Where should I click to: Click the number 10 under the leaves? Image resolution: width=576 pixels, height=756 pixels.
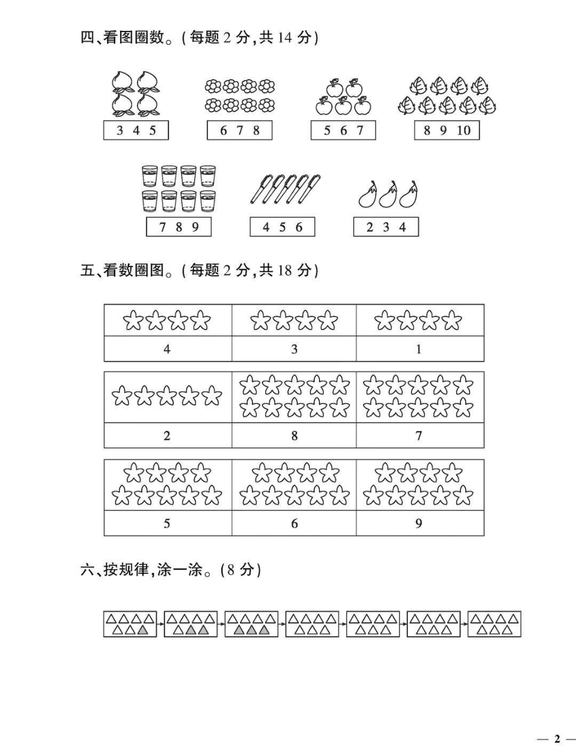pyautogui.click(x=463, y=130)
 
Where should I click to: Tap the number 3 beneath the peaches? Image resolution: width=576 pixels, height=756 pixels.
pyautogui.click(x=119, y=130)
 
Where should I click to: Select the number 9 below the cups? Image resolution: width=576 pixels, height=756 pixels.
pyautogui.click(x=195, y=227)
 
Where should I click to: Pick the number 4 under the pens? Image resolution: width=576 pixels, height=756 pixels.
pyautogui.click(x=266, y=227)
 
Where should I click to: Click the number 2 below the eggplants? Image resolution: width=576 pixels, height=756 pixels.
pyautogui.click(x=370, y=227)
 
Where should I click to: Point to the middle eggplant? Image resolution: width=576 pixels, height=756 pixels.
pyautogui.click(x=388, y=194)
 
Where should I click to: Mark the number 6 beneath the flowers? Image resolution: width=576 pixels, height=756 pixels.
pyautogui.click(x=223, y=130)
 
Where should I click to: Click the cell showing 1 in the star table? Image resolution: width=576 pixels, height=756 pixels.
pyautogui.click(x=419, y=349)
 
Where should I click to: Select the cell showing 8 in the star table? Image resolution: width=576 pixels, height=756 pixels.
pyautogui.click(x=294, y=436)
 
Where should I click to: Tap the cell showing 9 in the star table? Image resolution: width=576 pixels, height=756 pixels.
pyautogui.click(x=419, y=523)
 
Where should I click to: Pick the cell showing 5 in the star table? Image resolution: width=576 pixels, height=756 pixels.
pyautogui.click(x=167, y=523)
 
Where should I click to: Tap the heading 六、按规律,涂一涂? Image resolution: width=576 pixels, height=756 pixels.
pyautogui.click(x=149, y=570)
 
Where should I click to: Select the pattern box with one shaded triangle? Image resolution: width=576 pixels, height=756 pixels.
pyautogui.click(x=130, y=624)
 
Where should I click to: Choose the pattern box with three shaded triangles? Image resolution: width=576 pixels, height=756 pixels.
pyautogui.click(x=251, y=624)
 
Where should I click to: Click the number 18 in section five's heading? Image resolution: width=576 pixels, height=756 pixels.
pyautogui.click(x=285, y=270)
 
